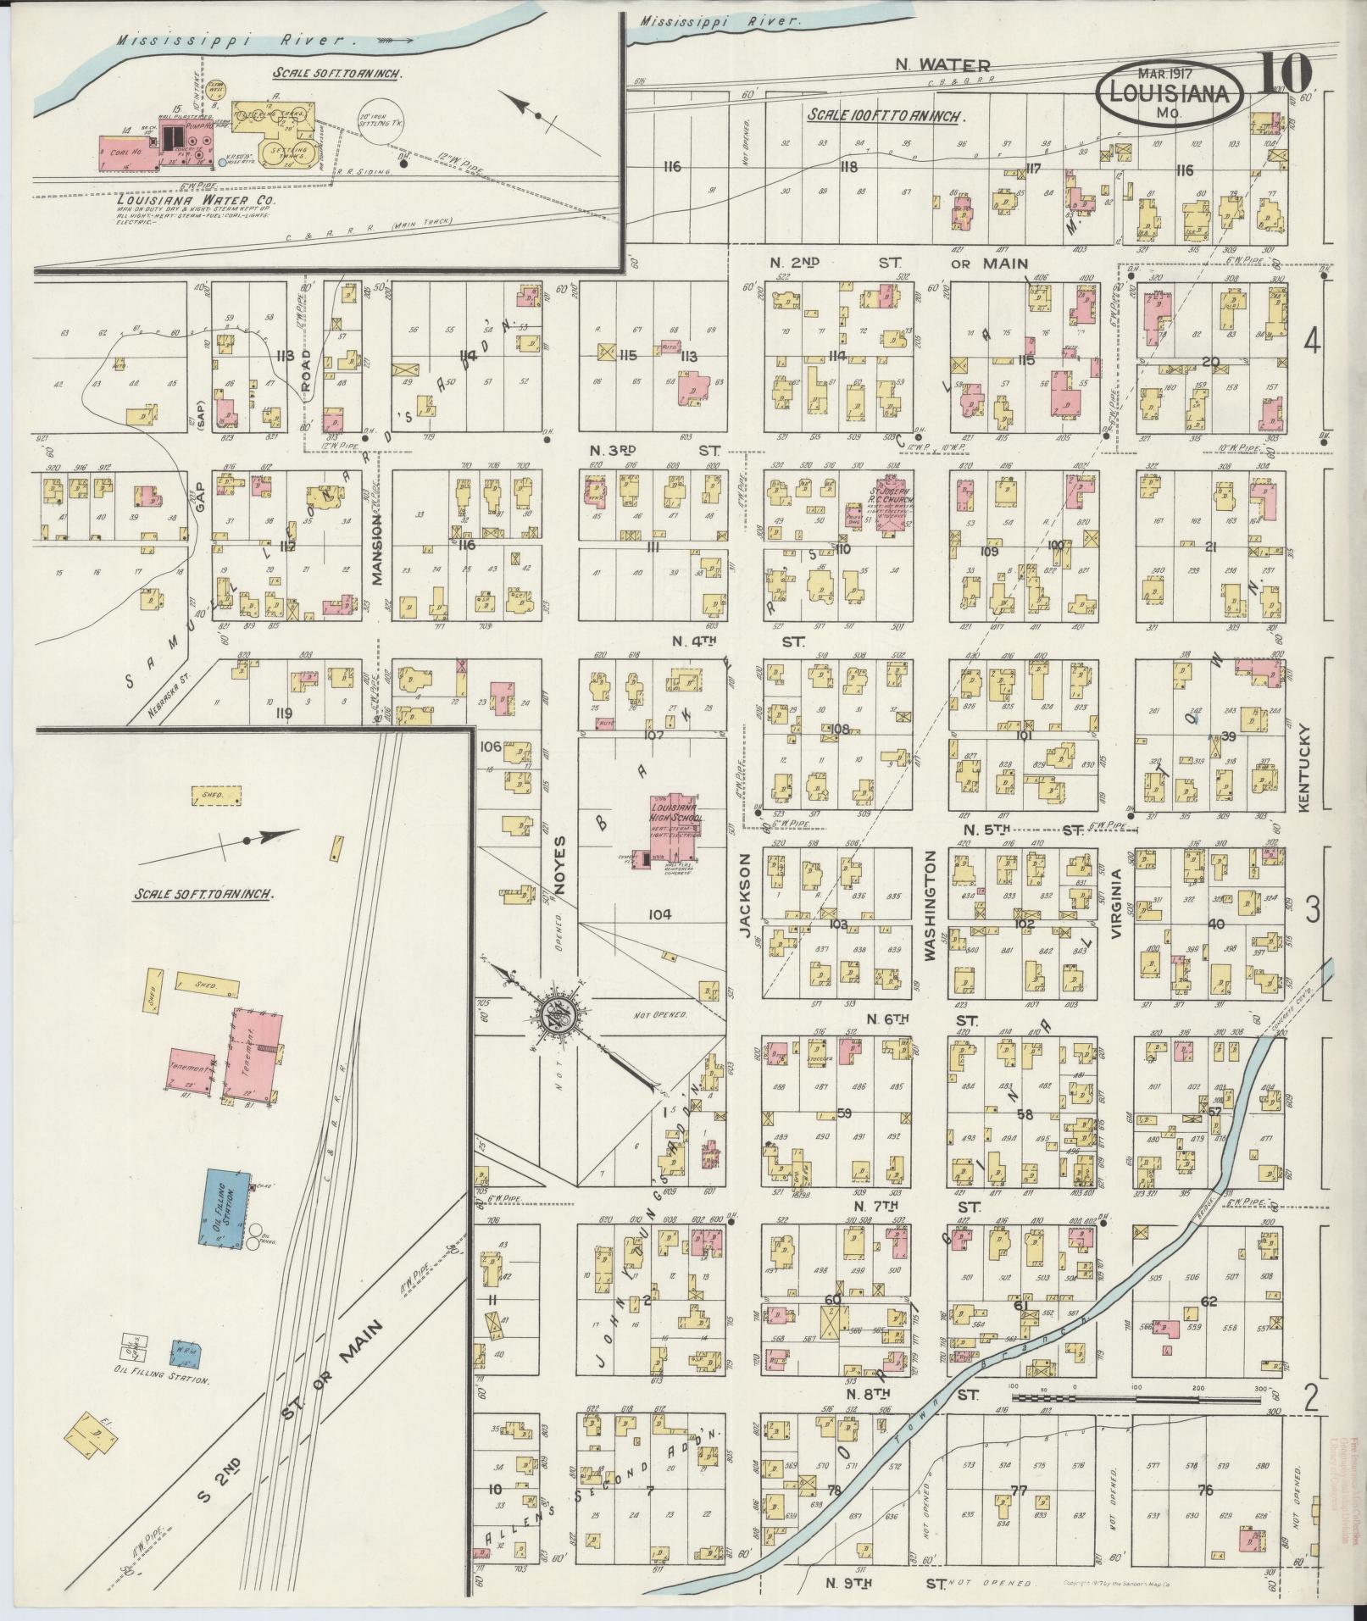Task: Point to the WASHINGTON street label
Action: (x=931, y=906)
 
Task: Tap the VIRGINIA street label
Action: (x=1117, y=902)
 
